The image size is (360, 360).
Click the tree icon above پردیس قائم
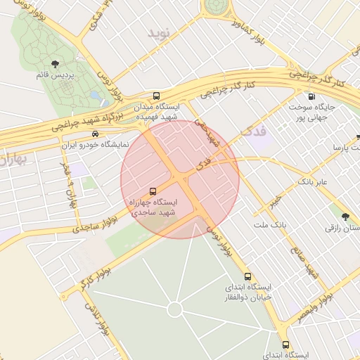[55, 64]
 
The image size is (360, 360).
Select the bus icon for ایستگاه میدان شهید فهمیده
[155, 96]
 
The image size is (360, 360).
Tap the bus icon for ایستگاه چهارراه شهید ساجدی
[153, 191]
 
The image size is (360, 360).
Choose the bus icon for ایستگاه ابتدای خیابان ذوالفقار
[247, 277]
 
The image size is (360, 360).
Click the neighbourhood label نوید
[159, 32]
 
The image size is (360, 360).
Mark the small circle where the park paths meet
[174, 309]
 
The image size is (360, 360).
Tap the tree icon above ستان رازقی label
[345, 217]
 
